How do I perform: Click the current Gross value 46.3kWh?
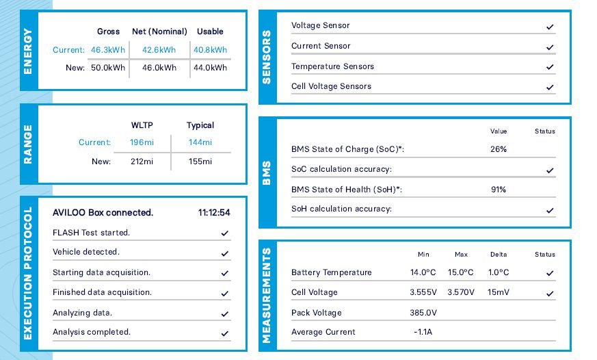point(106,50)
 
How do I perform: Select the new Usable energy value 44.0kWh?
point(210,68)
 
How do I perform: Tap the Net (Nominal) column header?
point(159,31)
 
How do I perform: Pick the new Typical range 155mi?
point(200,162)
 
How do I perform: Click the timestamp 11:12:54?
point(214,213)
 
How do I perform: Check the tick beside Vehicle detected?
point(224,253)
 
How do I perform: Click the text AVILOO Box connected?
point(103,213)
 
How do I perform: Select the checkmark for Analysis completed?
point(224,334)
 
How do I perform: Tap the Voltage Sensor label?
point(320,25)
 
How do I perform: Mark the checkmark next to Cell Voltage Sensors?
point(550,88)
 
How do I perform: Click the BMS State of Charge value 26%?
point(498,149)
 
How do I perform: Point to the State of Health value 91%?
point(498,190)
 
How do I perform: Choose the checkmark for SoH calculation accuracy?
point(550,210)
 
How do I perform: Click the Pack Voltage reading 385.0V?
point(423,313)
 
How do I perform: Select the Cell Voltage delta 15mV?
point(498,292)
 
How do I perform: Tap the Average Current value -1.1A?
point(423,332)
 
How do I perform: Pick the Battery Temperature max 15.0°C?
point(460,272)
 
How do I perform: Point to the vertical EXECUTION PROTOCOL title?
point(28,273)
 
